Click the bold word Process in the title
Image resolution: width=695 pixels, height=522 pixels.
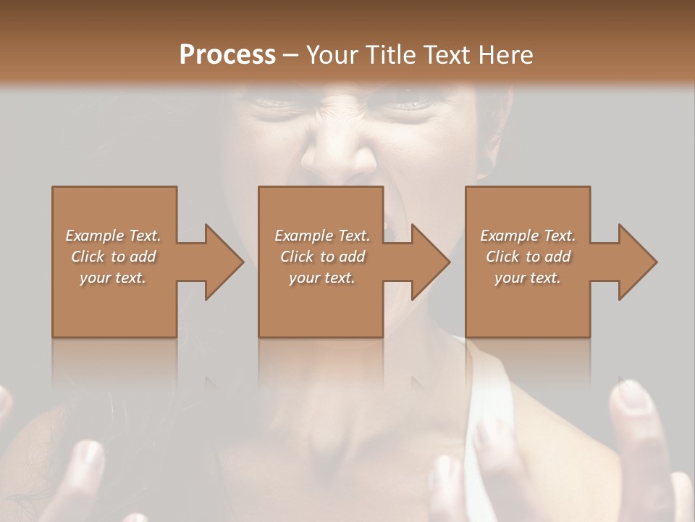pos(227,55)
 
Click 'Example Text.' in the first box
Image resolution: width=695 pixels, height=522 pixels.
pos(113,236)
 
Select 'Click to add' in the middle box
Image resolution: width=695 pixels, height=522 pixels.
pos(322,257)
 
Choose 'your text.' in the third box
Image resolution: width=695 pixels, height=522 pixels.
pos(527,278)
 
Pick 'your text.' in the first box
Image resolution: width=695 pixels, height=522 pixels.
pos(113,278)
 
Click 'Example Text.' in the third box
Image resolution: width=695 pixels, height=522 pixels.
pos(527,236)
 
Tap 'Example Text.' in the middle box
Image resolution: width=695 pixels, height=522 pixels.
pos(322,236)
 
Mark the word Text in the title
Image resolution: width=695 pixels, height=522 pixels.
pos(450,55)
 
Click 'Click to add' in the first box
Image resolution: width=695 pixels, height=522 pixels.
pos(113,257)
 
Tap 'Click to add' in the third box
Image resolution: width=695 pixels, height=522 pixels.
pos(527,257)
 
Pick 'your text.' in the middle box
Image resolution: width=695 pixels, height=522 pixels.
pos(322,278)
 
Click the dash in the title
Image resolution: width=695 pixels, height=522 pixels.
pos(290,55)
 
